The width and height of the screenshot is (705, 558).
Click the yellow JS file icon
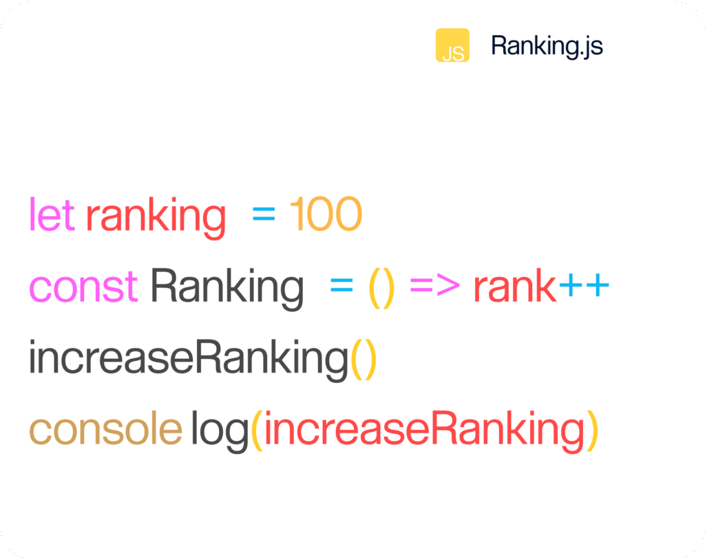pyautogui.click(x=452, y=45)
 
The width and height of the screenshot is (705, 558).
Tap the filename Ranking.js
pyautogui.click(x=547, y=46)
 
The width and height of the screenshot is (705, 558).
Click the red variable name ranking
pyautogui.click(x=156, y=217)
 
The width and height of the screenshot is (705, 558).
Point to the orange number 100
pyautogui.click(x=326, y=214)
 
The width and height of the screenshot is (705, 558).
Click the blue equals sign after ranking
pyautogui.click(x=264, y=214)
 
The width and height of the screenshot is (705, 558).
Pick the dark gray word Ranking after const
pyautogui.click(x=227, y=289)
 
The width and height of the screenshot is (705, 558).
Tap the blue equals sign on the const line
pyautogui.click(x=341, y=285)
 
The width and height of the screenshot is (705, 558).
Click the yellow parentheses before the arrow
pyautogui.click(x=381, y=288)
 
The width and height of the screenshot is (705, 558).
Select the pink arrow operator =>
pyautogui.click(x=435, y=285)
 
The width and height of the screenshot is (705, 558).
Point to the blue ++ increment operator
pyautogui.click(x=584, y=285)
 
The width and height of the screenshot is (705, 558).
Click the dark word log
pyautogui.click(x=220, y=431)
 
